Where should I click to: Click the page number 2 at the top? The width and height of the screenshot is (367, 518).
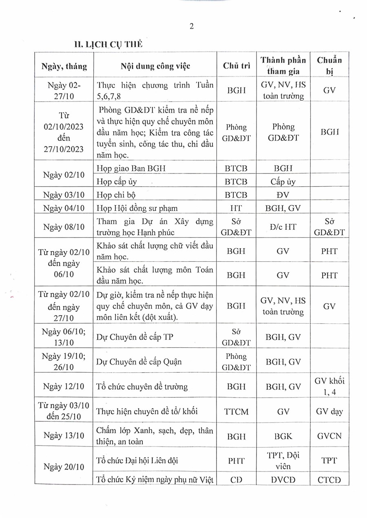pos(191,27)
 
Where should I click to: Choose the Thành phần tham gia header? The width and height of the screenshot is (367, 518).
pos(283,66)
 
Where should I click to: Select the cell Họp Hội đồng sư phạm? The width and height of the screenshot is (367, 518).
pos(137,208)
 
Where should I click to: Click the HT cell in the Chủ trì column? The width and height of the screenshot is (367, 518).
pos(236,208)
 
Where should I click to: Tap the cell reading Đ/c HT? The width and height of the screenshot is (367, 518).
pos(283,227)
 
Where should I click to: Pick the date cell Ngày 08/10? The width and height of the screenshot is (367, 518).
pos(64,227)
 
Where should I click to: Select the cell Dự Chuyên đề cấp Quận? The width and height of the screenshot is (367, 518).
pos(139,361)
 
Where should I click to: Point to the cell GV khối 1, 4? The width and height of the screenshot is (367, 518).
pos(329,386)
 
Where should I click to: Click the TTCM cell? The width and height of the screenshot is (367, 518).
pos(236,411)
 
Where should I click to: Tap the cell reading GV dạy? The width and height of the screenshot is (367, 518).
pos(329,411)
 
